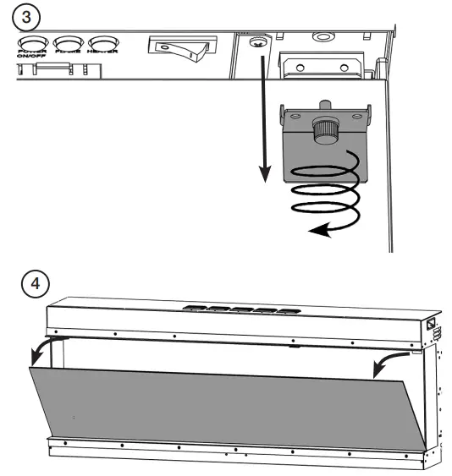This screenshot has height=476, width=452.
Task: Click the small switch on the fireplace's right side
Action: tap(431, 324)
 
